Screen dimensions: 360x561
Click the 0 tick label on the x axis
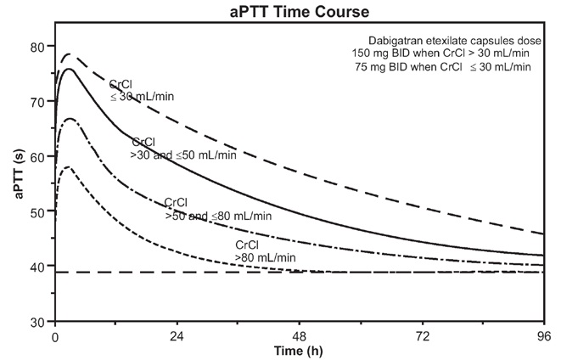pos(55,337)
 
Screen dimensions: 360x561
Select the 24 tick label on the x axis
pos(177,337)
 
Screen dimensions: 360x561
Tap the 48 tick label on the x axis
pos(300,337)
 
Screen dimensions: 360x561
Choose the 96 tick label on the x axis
pos(544,337)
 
